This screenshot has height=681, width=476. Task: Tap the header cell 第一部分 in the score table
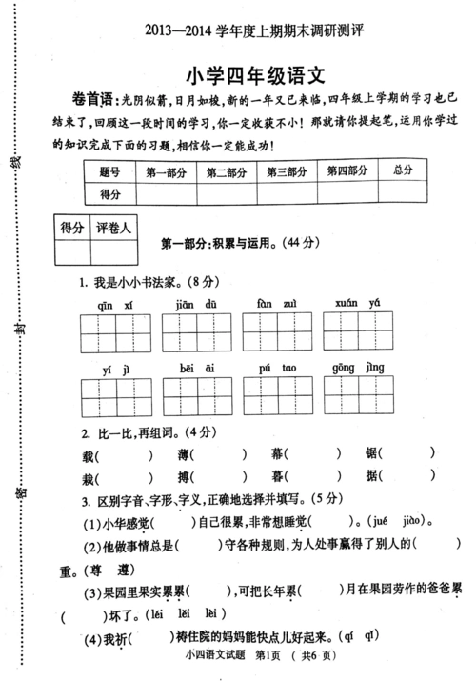pos(166,172)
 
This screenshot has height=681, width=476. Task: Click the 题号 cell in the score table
pos(109,172)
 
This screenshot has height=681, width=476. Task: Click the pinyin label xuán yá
pos(358,303)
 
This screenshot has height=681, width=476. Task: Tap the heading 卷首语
pos(89,100)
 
